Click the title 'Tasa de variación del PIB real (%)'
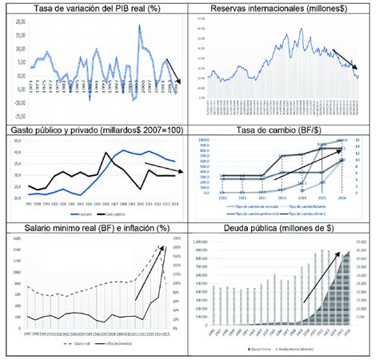click(95, 9)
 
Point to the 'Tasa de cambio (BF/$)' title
click(279, 130)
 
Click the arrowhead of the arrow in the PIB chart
click(180, 82)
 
